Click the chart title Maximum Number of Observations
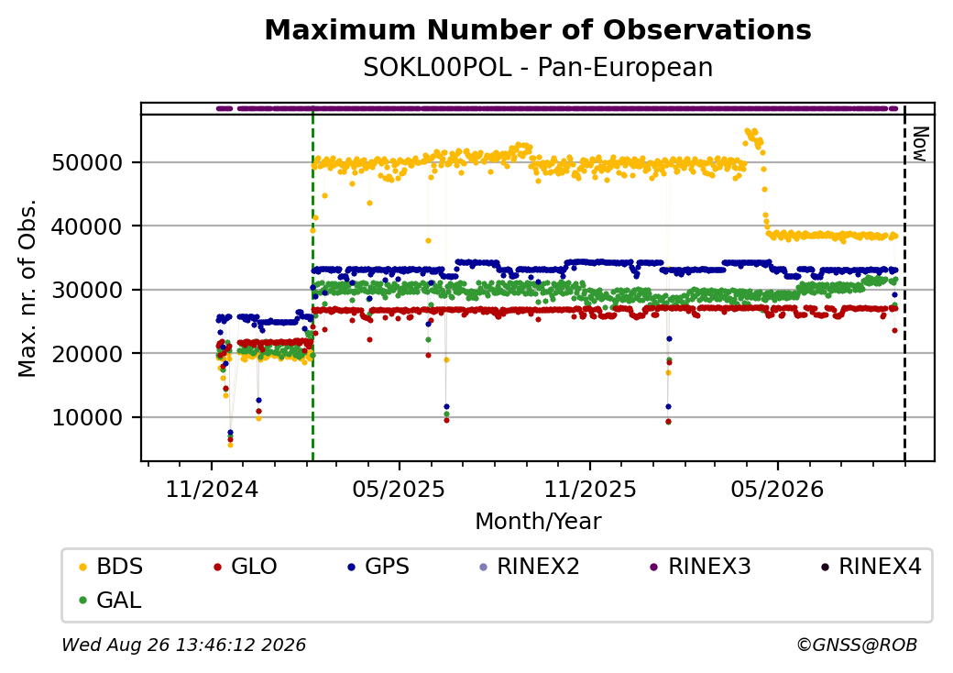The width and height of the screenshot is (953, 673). [x=538, y=29]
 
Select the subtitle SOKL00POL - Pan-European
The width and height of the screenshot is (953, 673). [x=538, y=68]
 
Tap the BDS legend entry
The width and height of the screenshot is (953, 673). [x=111, y=567]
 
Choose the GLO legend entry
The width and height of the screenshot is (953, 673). [x=246, y=567]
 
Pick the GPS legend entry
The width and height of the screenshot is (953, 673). [x=378, y=567]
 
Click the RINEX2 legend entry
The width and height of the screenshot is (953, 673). [x=530, y=567]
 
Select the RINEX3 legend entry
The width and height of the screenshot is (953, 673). [x=701, y=567]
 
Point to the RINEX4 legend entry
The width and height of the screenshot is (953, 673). [x=871, y=567]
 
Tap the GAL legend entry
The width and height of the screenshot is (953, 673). [x=111, y=600]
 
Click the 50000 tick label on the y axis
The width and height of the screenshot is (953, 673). [x=88, y=163]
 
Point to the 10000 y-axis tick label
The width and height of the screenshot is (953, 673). [x=88, y=418]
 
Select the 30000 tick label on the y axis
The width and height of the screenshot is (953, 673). [x=88, y=291]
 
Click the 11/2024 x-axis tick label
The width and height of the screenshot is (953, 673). [x=212, y=489]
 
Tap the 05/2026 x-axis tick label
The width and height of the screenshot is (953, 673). [x=778, y=489]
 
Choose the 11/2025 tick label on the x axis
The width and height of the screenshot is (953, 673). [x=589, y=489]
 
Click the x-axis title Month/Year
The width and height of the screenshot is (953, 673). [x=538, y=522]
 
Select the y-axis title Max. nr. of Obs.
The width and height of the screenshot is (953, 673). [x=27, y=288]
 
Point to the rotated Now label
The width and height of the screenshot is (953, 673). [x=921, y=144]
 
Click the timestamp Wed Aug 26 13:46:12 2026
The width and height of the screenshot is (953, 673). [x=184, y=645]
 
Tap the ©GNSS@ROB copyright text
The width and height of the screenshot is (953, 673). [x=857, y=645]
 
